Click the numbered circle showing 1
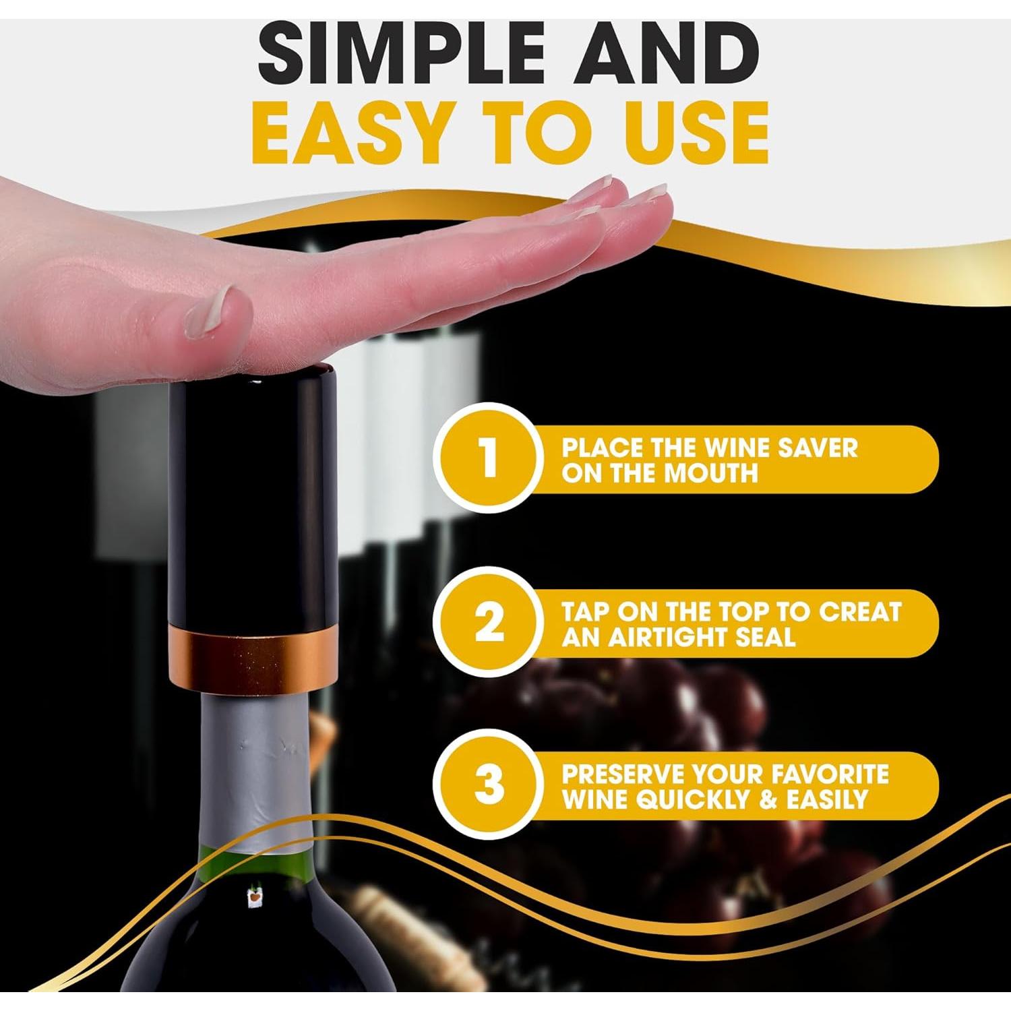489,458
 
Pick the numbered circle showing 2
489,622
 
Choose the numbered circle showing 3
489,785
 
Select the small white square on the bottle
254,897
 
